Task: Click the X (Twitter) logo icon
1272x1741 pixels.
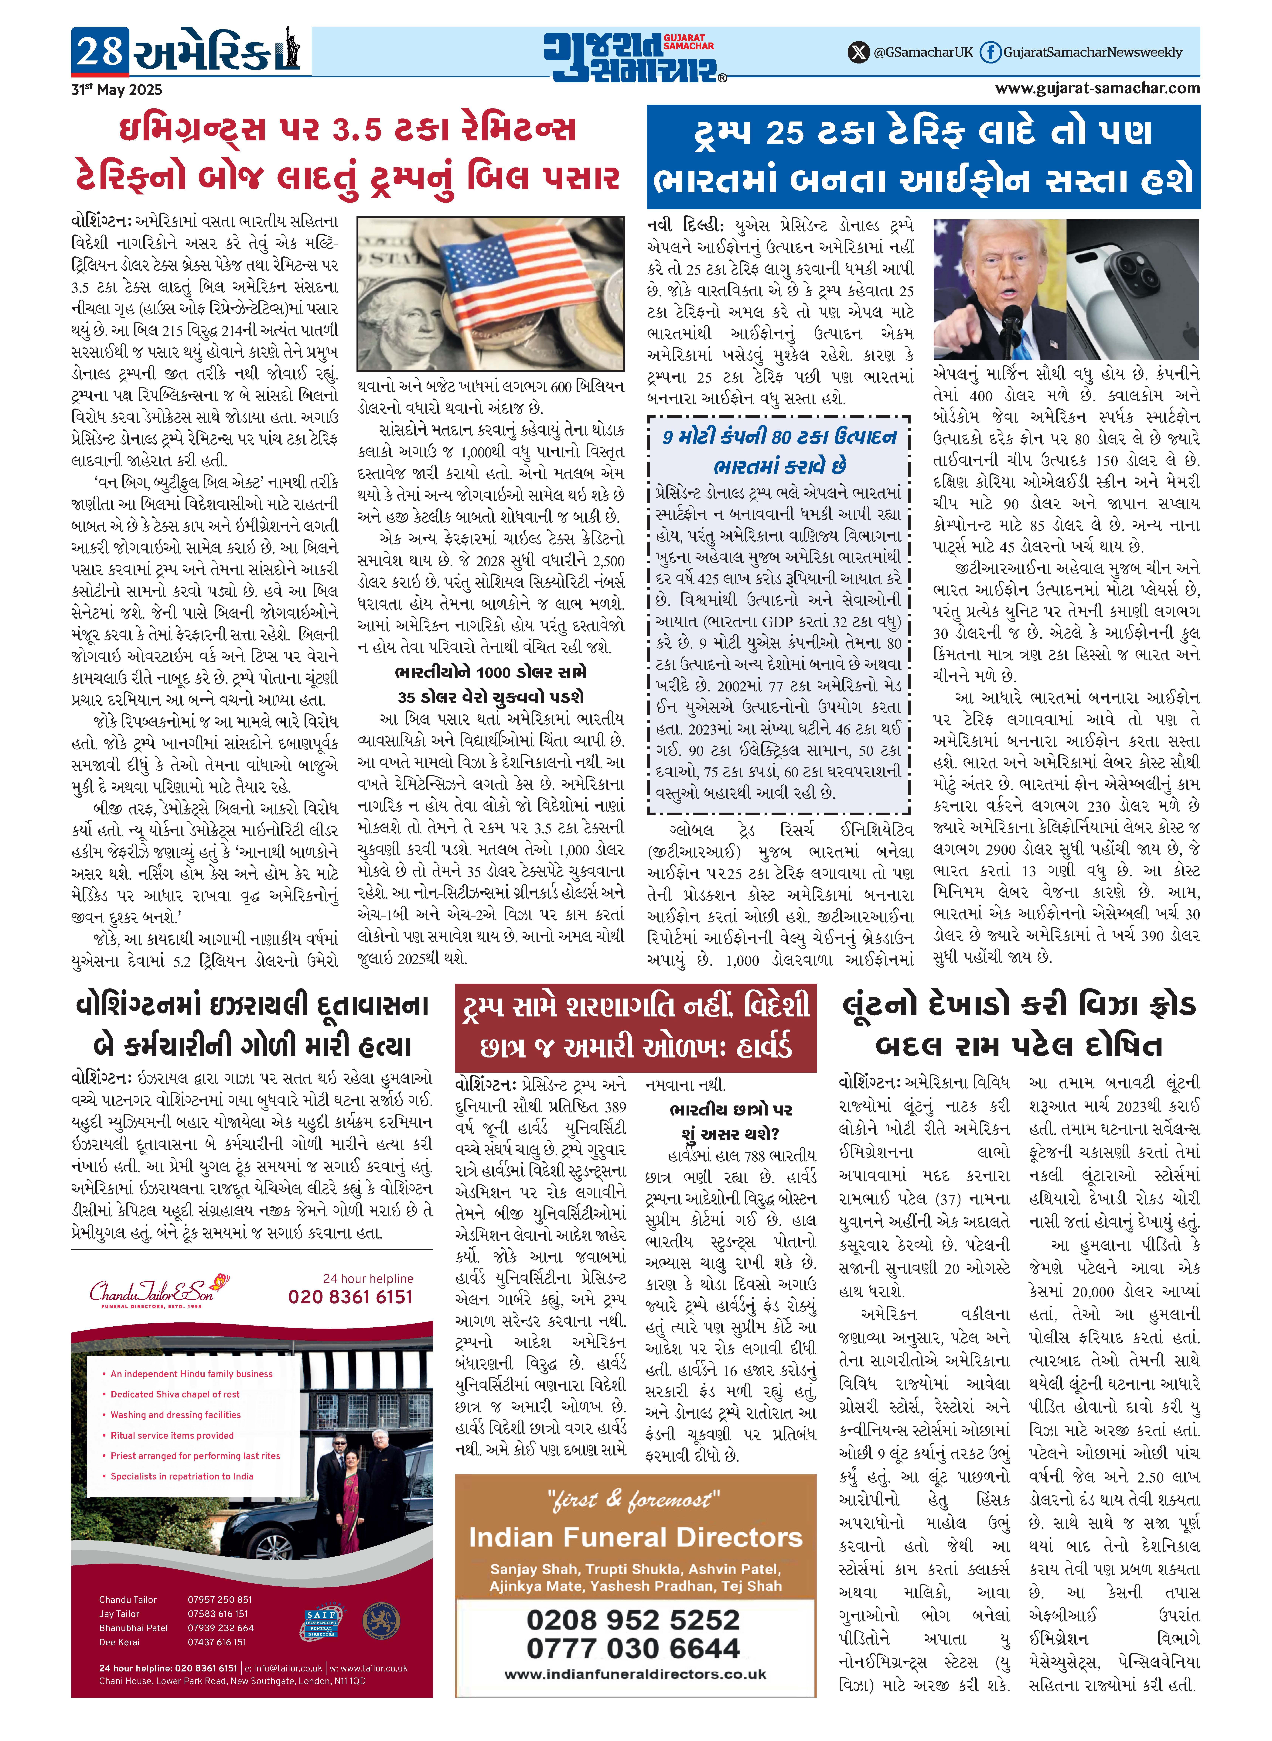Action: tap(857, 52)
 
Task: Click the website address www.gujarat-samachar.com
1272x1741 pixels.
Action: tap(1097, 88)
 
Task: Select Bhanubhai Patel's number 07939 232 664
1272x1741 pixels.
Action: tap(220, 1628)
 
